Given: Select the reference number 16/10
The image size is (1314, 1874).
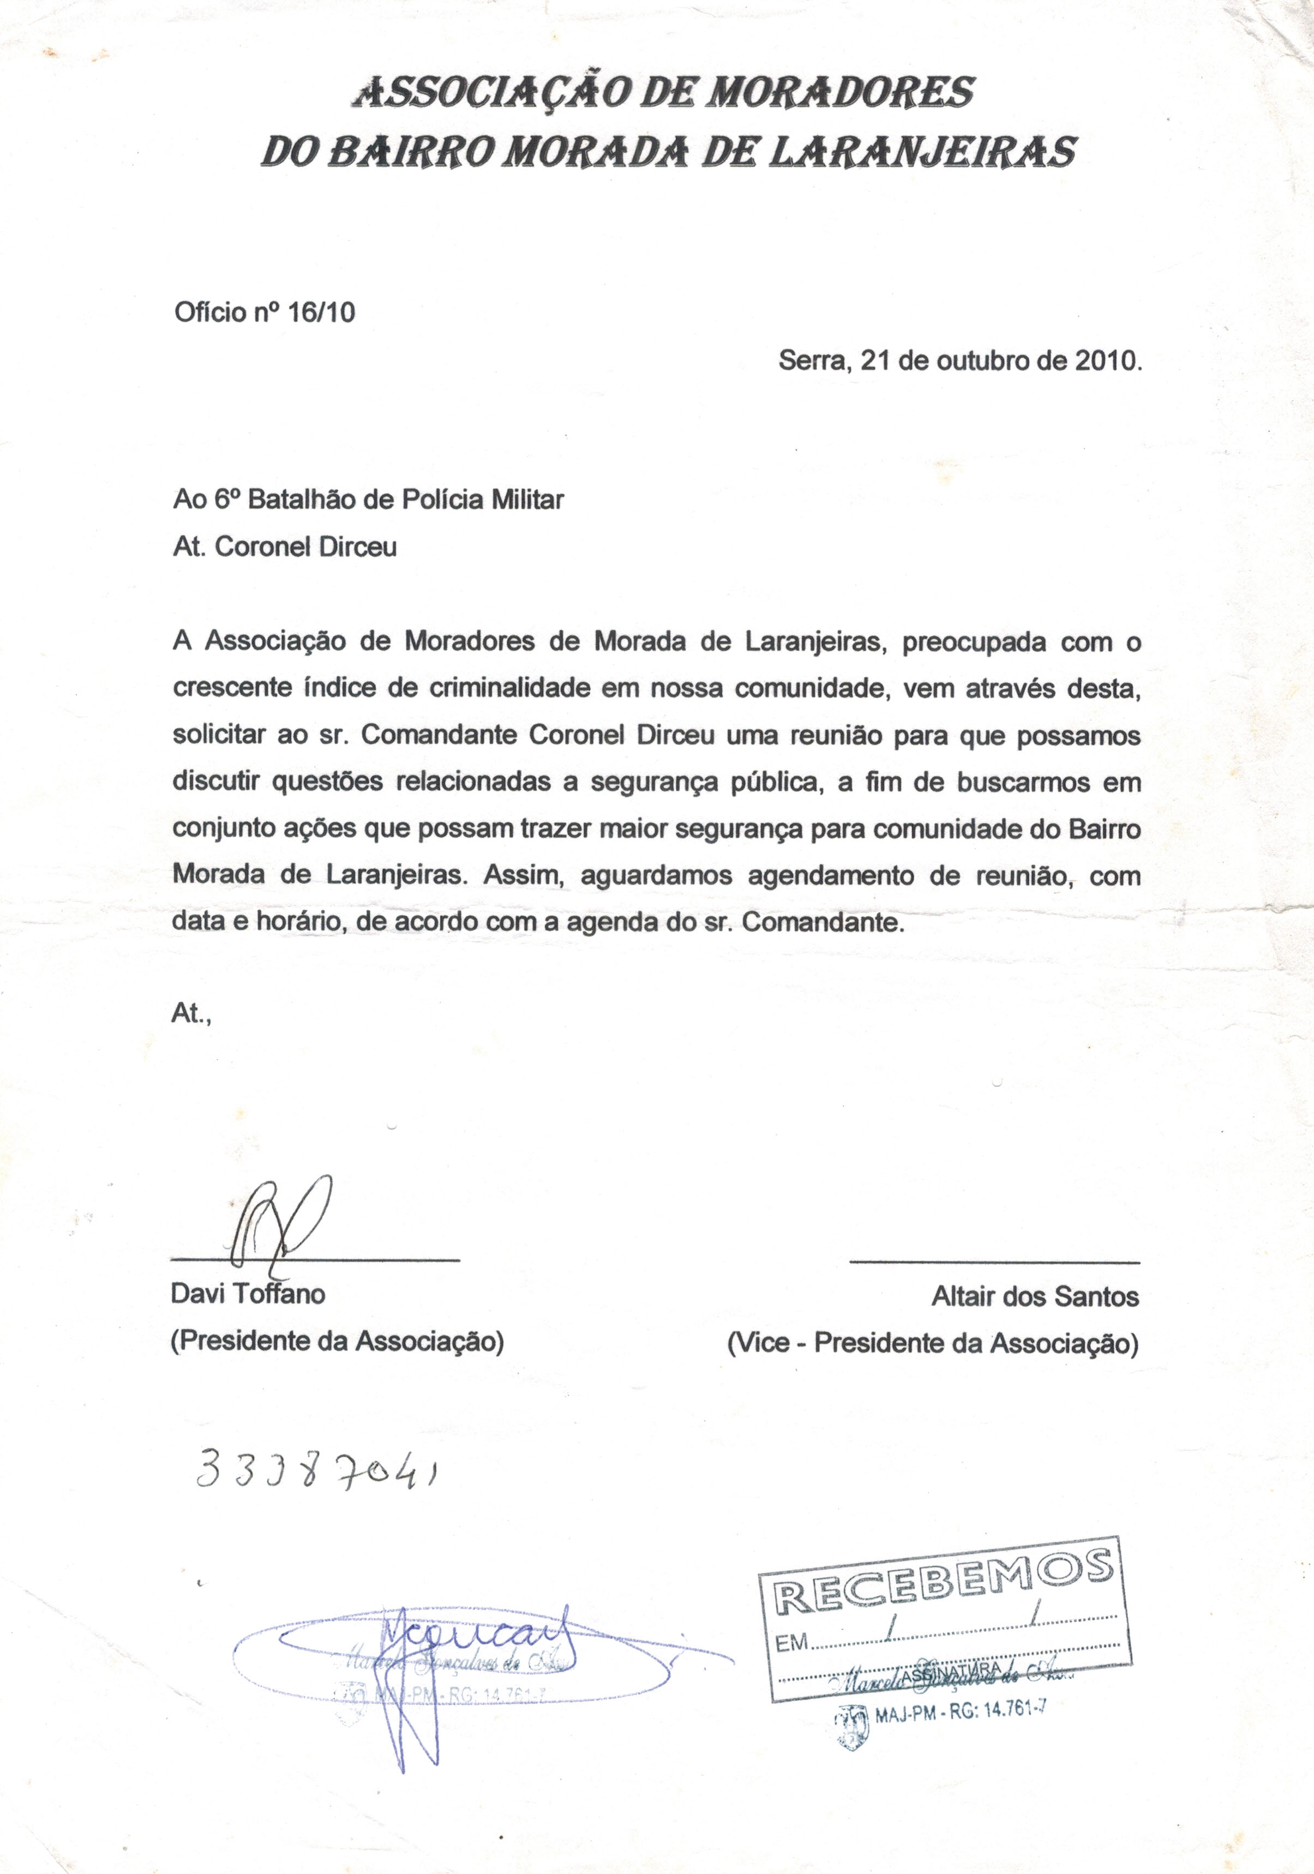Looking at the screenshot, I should coord(322,313).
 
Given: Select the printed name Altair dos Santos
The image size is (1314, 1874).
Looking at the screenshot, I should coord(1035,1296).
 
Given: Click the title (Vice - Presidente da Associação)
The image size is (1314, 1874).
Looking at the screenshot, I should coord(932,1343).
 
